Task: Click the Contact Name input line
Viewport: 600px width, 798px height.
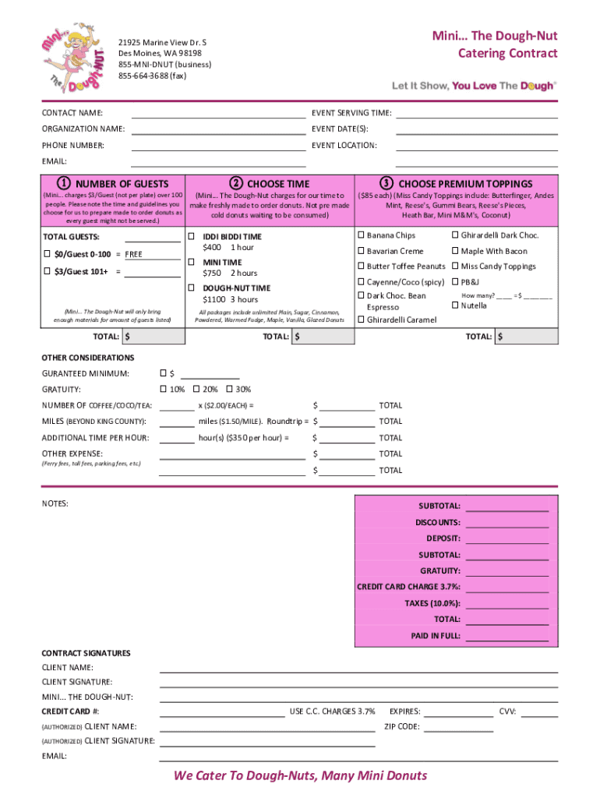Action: (218, 114)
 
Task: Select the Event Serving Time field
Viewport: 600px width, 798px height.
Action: (477, 114)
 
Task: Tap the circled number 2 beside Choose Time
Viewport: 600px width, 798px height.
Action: (235, 184)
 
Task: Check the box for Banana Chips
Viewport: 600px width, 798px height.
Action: (361, 235)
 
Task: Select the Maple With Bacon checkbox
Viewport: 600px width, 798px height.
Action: (455, 251)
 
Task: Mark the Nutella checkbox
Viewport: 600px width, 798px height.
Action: (455, 305)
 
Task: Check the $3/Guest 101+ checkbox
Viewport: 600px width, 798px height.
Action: (48, 271)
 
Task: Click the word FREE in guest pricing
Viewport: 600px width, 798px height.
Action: (134, 254)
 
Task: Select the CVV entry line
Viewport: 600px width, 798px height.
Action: (539, 712)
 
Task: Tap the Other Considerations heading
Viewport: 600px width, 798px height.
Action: (87, 358)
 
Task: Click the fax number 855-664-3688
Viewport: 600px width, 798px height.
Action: (152, 76)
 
